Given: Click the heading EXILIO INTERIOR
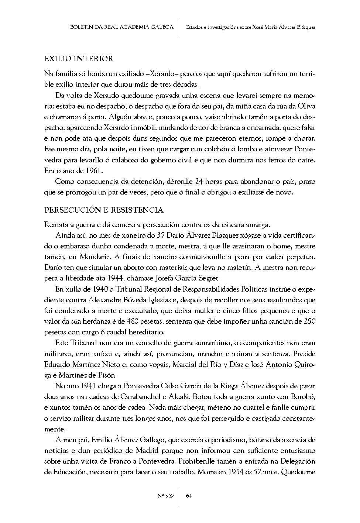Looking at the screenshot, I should tap(79, 59).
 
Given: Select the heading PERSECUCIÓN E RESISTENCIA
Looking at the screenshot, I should tap(104, 210).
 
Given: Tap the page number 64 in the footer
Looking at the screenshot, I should tap(189, 495).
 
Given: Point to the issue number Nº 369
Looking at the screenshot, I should tap(165, 495).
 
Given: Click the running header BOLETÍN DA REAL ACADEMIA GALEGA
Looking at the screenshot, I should tap(121, 27).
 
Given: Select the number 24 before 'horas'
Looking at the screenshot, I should tap(199, 182).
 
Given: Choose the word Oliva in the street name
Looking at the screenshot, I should tap(306, 107).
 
